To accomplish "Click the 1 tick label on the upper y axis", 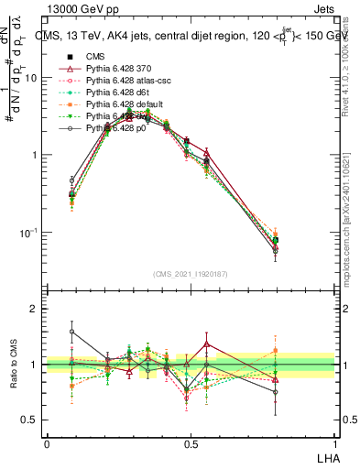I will [x=36, y=155].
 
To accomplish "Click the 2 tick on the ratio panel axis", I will [x=36, y=309].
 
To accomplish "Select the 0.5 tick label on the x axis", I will [x=191, y=443].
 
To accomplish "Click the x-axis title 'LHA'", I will [x=325, y=455].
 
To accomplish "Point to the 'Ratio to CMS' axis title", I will [x=14, y=364].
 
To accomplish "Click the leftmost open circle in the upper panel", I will [x=72, y=180].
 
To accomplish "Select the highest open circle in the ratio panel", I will [x=72, y=332].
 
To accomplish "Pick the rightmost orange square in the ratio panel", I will [x=301, y=350].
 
